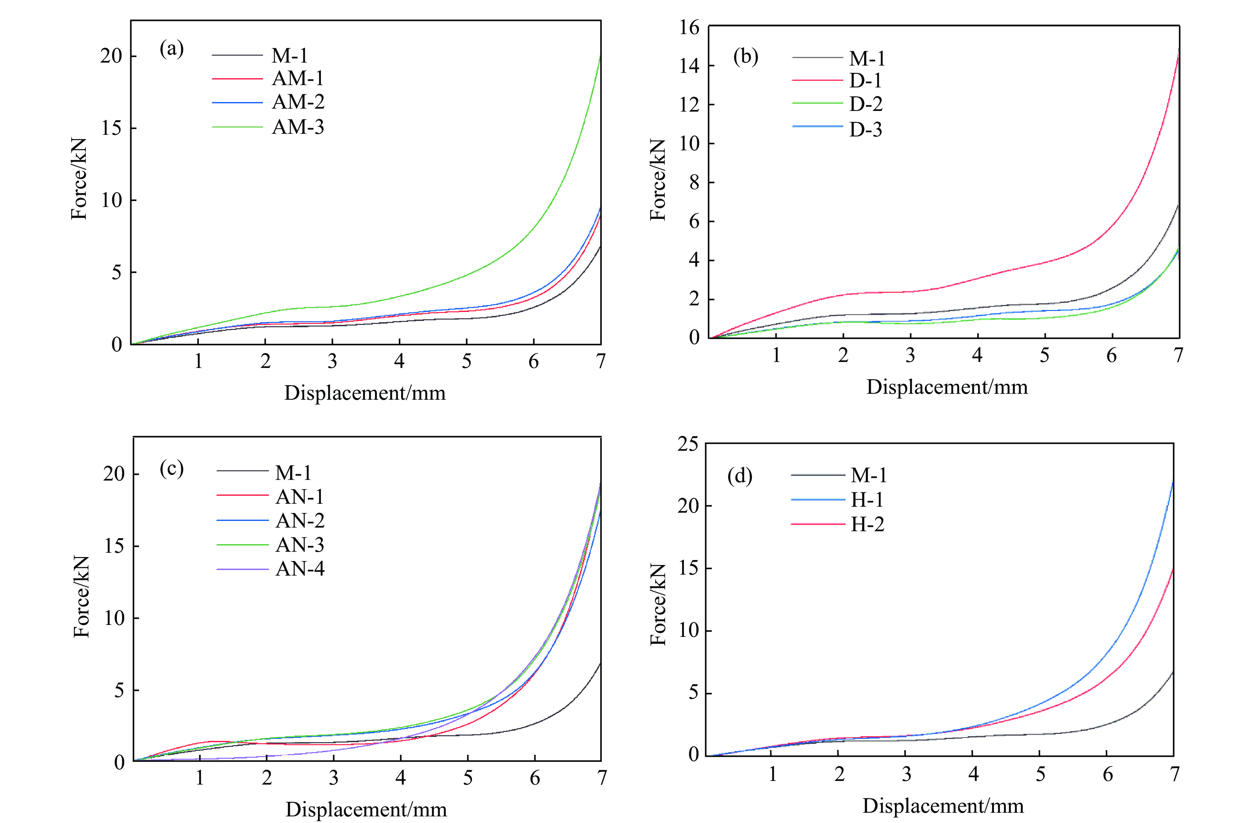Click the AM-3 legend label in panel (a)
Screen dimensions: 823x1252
[x=298, y=127]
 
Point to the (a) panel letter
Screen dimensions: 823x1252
[x=172, y=49]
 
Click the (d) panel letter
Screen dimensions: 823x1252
[x=740, y=476]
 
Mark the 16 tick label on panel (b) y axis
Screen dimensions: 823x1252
[x=689, y=27]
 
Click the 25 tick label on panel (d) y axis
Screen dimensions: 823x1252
[x=688, y=444]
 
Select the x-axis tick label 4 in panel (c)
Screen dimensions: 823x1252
[x=401, y=778]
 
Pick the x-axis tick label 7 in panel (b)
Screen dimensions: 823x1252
[x=1178, y=355]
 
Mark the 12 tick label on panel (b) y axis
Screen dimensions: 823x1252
[x=689, y=105]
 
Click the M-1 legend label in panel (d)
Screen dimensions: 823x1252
[x=868, y=475]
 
